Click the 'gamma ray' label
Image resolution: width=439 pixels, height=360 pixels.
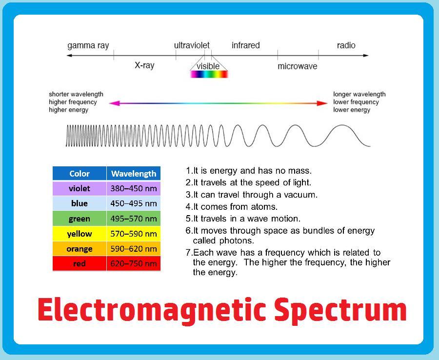click(88, 46)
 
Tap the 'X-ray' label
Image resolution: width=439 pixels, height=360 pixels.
click(144, 65)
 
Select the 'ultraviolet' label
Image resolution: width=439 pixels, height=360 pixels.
click(192, 45)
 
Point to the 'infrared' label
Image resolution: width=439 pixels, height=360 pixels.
click(246, 45)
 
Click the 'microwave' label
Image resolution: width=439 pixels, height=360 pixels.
click(298, 66)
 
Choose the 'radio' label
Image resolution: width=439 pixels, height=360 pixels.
click(346, 45)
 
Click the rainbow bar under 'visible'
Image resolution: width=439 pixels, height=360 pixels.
click(209, 74)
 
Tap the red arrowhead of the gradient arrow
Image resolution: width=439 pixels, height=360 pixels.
click(322, 103)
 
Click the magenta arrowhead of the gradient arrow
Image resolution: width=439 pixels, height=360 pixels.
click(115, 103)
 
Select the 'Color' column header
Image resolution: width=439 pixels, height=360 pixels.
click(80, 174)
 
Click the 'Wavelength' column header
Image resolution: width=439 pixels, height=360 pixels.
click(134, 174)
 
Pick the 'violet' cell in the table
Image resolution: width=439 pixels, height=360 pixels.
click(80, 188)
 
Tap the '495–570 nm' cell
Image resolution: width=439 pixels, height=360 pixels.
click(134, 219)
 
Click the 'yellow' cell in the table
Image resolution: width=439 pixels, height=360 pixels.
click(80, 234)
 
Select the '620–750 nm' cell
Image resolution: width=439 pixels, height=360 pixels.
click(134, 263)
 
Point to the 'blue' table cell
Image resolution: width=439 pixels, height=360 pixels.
click(80, 203)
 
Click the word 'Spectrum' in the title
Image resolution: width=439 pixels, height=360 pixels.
click(340, 310)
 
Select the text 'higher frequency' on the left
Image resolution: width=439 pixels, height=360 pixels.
click(73, 102)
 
